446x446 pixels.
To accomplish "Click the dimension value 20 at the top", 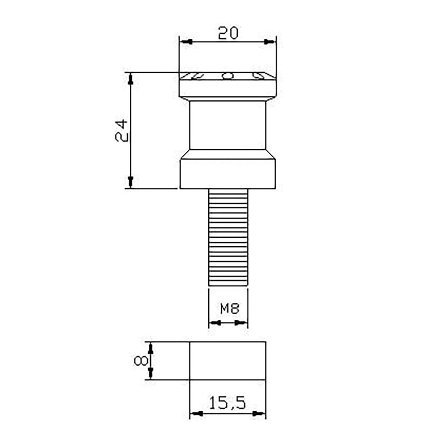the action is pyautogui.click(x=228, y=33).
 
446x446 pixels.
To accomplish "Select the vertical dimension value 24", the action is pyautogui.click(x=121, y=131).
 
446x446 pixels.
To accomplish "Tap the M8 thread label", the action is pyautogui.click(x=230, y=309).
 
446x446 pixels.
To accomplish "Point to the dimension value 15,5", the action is pyautogui.click(x=227, y=403).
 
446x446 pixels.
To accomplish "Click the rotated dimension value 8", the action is pyautogui.click(x=141, y=361).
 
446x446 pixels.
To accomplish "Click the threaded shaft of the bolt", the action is pyautogui.click(x=228, y=237).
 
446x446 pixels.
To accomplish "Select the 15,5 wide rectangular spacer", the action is pyautogui.click(x=227, y=361).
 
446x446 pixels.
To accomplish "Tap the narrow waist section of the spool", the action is pyautogui.click(x=228, y=125).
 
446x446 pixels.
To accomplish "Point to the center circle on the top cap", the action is pyautogui.click(x=227, y=76).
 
